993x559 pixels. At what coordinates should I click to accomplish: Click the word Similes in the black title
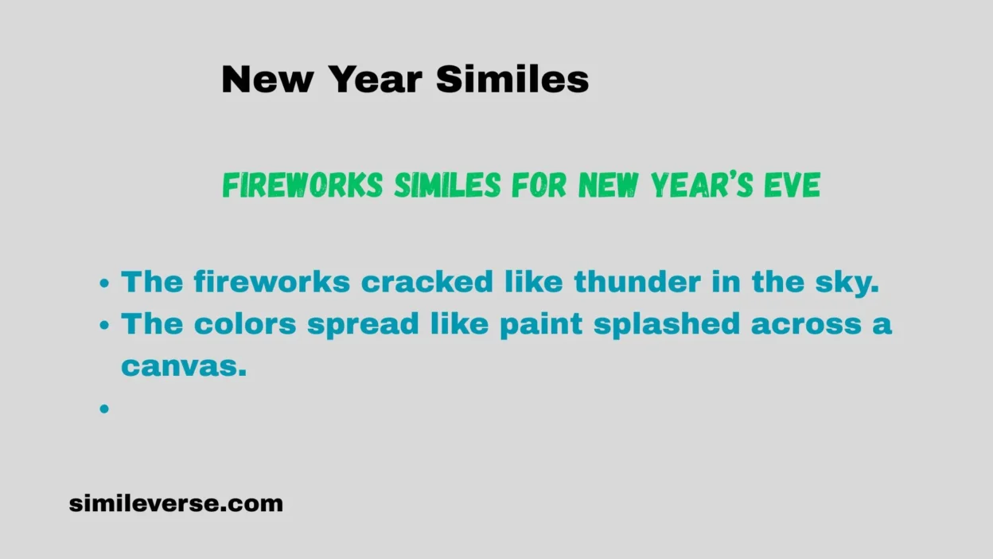coord(512,79)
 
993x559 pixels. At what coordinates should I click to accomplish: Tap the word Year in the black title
coord(376,79)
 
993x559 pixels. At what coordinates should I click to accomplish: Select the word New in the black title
coord(267,79)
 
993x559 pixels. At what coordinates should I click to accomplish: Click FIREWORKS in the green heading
coord(302,185)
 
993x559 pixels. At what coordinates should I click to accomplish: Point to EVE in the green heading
coord(792,185)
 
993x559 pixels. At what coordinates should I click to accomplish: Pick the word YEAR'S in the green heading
coord(702,185)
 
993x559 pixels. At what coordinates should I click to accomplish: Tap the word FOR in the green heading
coord(539,185)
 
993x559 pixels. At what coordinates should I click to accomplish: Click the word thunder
coord(637,281)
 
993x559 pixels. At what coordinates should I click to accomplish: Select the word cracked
coord(427,281)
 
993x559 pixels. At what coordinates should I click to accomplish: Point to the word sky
coord(847,283)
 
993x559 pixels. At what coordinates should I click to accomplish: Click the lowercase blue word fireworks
coord(272,281)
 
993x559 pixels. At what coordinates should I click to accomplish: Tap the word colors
coord(245,323)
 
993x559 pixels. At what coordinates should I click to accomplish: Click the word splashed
coord(667,324)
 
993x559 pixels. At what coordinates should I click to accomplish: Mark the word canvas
coord(184,366)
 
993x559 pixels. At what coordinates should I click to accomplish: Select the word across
coord(806,325)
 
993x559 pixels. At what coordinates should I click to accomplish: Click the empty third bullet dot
coord(104,408)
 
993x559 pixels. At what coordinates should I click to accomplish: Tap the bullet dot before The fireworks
coord(104,283)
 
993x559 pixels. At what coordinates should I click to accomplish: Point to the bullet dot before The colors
coord(104,325)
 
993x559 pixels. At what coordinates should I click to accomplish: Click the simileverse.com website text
coord(176,503)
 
